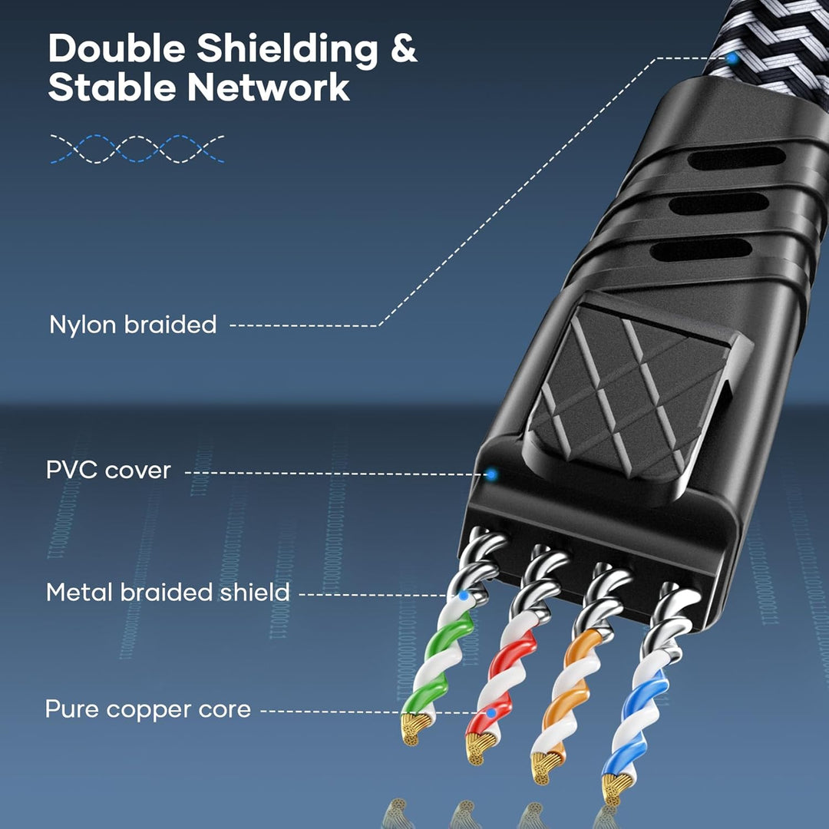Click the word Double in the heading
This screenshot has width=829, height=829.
(x=117, y=48)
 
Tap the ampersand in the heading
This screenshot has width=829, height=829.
(x=405, y=48)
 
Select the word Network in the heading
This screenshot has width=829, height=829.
(x=269, y=88)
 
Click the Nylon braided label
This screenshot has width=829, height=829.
(x=133, y=324)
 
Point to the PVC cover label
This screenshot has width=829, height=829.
(x=108, y=470)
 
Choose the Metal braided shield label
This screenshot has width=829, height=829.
(x=168, y=592)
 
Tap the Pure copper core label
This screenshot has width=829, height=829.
(x=148, y=709)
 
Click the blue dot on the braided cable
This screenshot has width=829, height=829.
(x=732, y=58)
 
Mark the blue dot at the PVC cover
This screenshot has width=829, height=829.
(x=492, y=474)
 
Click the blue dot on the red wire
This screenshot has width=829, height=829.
(x=491, y=713)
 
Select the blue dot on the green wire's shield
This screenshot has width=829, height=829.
(x=464, y=596)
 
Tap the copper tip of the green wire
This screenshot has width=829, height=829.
(x=413, y=728)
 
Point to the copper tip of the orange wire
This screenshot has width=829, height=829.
(x=545, y=766)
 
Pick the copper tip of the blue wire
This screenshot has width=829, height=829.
(x=615, y=788)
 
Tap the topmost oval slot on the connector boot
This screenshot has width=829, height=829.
(x=736, y=158)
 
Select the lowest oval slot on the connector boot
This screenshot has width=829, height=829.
(x=701, y=249)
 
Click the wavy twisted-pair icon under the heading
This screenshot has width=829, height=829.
(x=137, y=149)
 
